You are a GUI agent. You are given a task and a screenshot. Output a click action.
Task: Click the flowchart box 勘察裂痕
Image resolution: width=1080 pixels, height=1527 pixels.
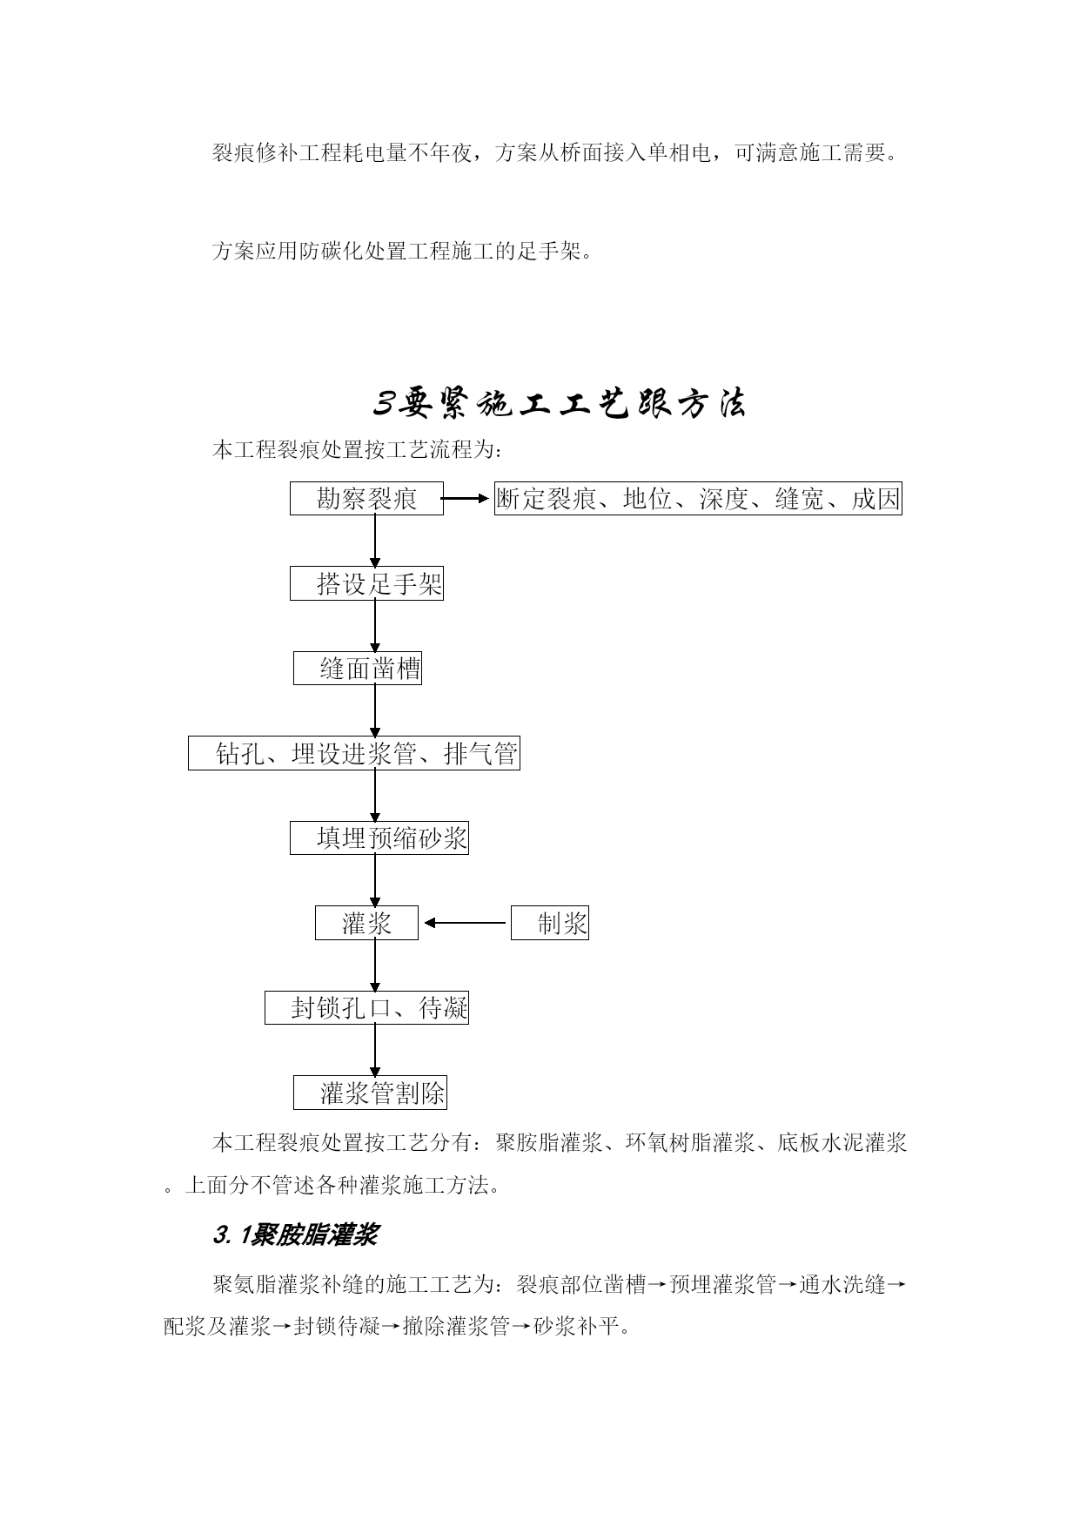tap(366, 499)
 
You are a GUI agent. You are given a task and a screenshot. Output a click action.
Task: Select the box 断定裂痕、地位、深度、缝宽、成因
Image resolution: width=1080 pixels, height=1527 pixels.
tap(698, 499)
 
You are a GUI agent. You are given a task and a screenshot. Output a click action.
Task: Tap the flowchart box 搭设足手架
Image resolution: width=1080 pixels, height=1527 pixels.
tap(366, 583)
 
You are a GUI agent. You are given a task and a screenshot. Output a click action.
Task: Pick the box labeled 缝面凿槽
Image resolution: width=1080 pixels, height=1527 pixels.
tap(358, 669)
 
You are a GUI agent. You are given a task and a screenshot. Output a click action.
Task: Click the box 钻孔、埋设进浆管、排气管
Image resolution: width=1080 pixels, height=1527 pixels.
tap(354, 753)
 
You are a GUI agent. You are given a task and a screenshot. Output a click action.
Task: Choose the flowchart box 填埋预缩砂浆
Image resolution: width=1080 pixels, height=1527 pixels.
tap(379, 838)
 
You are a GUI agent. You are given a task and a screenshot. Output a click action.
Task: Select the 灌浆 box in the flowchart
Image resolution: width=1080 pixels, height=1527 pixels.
tap(366, 923)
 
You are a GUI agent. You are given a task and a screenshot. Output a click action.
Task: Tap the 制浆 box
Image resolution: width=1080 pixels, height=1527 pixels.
tap(549, 923)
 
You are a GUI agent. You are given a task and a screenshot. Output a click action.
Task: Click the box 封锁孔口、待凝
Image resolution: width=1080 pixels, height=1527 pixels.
tap(366, 1008)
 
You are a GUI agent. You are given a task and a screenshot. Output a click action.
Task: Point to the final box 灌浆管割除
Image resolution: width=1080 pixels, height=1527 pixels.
tap(370, 1093)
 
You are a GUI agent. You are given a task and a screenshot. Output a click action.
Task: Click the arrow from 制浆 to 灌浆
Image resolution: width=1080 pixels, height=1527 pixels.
tap(466, 923)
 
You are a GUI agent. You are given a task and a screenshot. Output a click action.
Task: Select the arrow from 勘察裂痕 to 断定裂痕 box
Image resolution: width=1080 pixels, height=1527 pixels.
tap(467, 499)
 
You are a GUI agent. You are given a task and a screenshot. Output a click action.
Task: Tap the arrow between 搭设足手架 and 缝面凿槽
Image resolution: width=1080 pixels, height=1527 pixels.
tap(375, 626)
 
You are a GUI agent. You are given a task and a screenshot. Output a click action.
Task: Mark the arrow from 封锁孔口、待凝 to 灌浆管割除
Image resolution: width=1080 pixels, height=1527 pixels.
tap(375, 1050)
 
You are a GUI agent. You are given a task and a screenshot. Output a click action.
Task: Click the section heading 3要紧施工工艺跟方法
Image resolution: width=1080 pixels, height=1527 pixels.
tap(560, 403)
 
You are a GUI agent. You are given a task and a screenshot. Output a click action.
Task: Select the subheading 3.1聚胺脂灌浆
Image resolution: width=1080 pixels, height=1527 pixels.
tap(295, 1234)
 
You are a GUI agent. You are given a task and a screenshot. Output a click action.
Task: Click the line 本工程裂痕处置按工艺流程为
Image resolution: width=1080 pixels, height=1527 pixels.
tap(357, 450)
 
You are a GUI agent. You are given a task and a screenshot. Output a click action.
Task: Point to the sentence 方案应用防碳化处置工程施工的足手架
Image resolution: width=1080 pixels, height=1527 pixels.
tap(403, 252)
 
